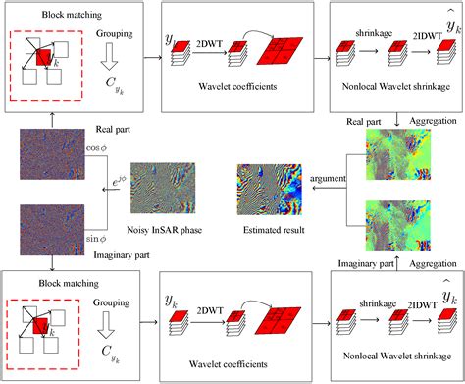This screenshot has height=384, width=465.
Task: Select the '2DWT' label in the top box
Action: (208, 45)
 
